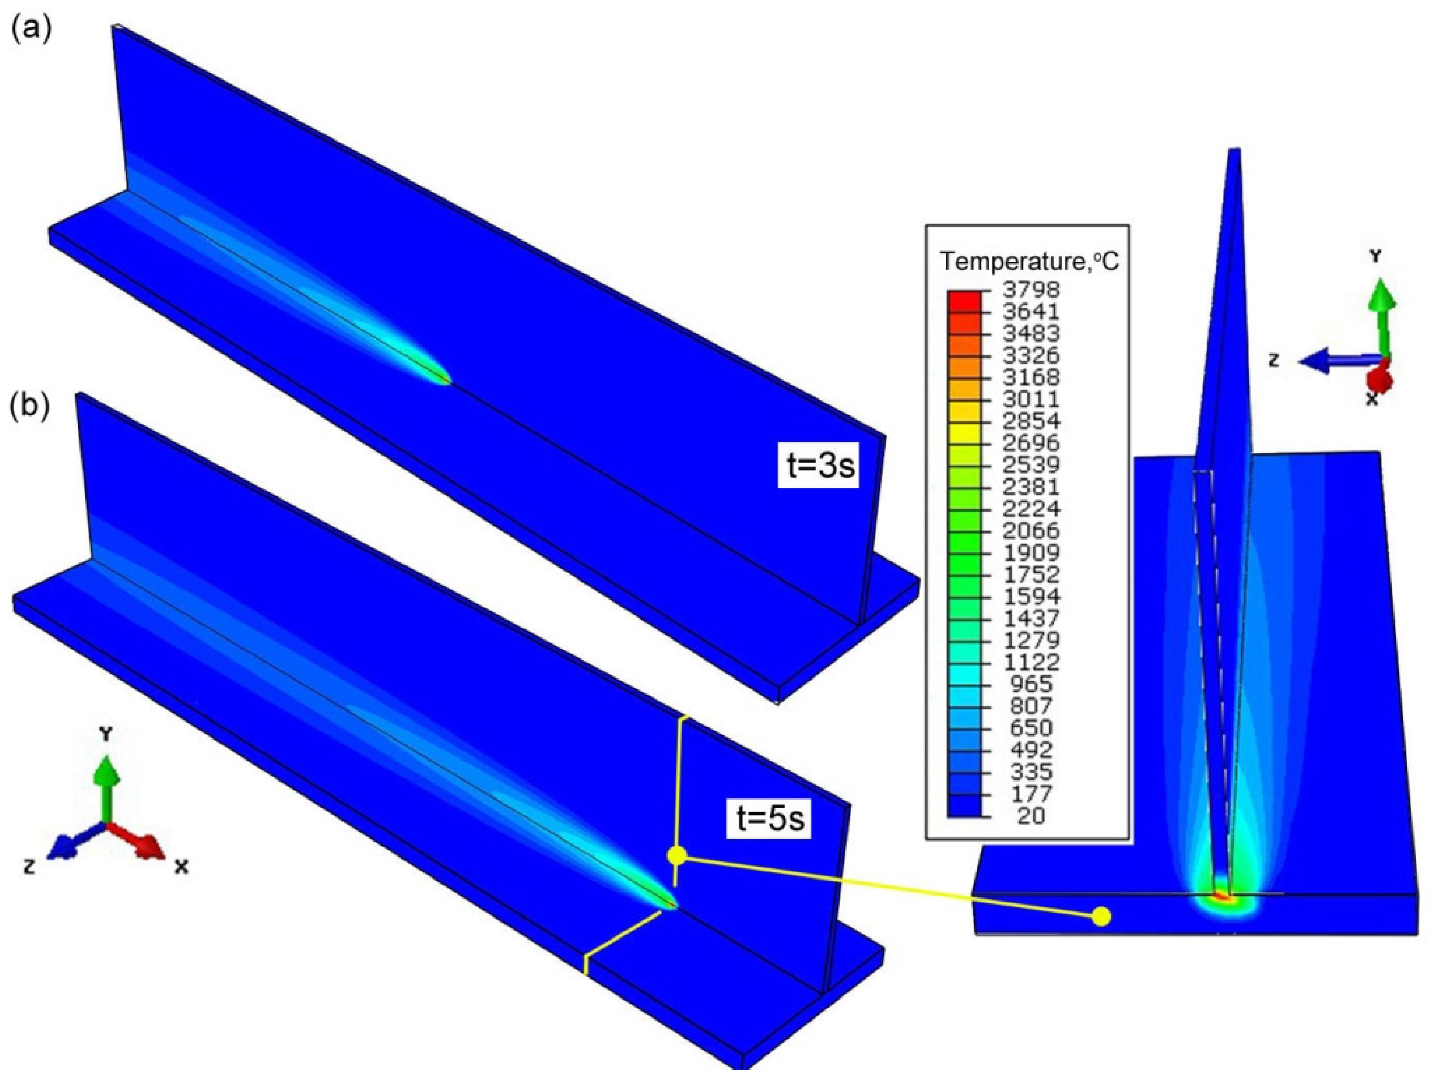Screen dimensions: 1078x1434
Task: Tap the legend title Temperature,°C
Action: click(1029, 262)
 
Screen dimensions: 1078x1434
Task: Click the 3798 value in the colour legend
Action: click(1032, 289)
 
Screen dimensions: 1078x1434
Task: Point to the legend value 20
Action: click(1032, 815)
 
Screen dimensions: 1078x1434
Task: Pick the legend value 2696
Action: click(1032, 443)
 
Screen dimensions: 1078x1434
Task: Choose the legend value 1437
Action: click(1032, 618)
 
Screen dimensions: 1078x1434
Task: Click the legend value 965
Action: click(1032, 684)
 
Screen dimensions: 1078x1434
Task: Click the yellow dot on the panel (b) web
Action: click(677, 855)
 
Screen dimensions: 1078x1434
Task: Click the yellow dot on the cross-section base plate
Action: click(1101, 916)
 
